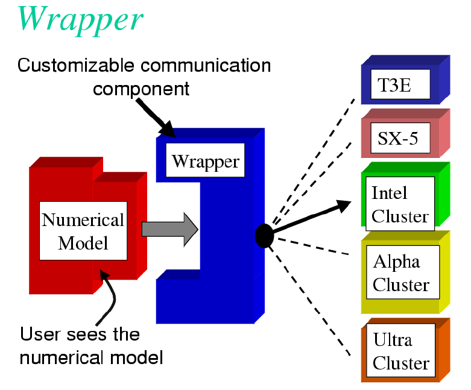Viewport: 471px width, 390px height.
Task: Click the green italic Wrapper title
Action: point(80,20)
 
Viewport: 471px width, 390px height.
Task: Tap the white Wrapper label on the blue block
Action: point(205,160)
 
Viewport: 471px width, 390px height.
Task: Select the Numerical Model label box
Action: point(83,231)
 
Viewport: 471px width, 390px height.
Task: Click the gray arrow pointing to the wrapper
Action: point(170,230)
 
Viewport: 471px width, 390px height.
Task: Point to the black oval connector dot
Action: point(264,236)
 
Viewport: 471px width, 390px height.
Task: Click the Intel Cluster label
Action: point(400,204)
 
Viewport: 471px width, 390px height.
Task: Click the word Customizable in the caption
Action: point(76,65)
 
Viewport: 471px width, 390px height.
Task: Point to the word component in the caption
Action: point(141,89)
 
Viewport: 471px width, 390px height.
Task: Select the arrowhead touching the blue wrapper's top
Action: point(168,130)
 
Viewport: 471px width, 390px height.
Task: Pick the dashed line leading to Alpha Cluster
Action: point(314,247)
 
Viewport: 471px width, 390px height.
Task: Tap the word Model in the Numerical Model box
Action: point(83,243)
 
